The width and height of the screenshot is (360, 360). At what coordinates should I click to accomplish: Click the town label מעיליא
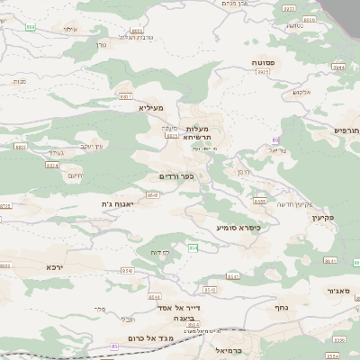(x=151, y=107)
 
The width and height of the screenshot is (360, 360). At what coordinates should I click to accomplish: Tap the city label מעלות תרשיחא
(x=190, y=132)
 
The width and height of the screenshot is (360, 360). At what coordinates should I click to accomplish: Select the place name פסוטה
(x=264, y=61)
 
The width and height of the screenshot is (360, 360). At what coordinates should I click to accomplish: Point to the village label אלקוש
(x=301, y=92)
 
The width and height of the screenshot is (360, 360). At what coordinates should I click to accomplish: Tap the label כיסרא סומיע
(x=238, y=228)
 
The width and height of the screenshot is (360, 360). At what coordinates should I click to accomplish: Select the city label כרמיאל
(x=230, y=348)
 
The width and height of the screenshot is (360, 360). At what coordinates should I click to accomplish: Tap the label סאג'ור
(x=345, y=291)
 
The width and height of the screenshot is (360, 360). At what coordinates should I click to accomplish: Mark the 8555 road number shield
(x=259, y=202)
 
